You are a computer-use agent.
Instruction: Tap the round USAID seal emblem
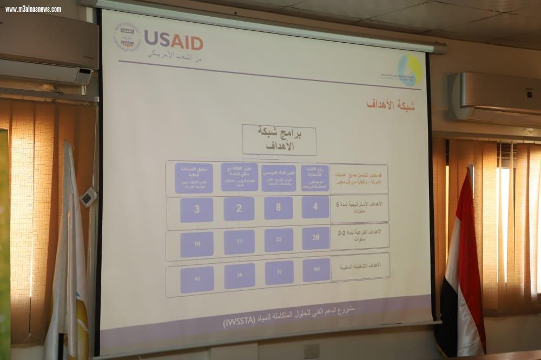pos(127,37)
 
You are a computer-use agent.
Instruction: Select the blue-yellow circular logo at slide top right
pos(410,69)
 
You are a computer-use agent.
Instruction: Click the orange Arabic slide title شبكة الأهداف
pos(391,105)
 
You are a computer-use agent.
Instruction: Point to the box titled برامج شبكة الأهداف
pos(270,139)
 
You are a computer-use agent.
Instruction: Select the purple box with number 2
pos(239,209)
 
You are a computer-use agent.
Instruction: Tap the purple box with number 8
pos(279,208)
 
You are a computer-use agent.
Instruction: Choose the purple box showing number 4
pos(315,207)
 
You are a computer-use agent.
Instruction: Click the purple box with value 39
pos(316,238)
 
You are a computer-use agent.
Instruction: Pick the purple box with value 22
pos(279,240)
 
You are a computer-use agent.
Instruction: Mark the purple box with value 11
pos(239,242)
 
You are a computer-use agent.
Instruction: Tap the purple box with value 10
pos(197,244)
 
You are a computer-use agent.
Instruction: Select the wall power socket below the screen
pos(311,351)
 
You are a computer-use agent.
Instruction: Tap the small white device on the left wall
pos(88,197)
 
